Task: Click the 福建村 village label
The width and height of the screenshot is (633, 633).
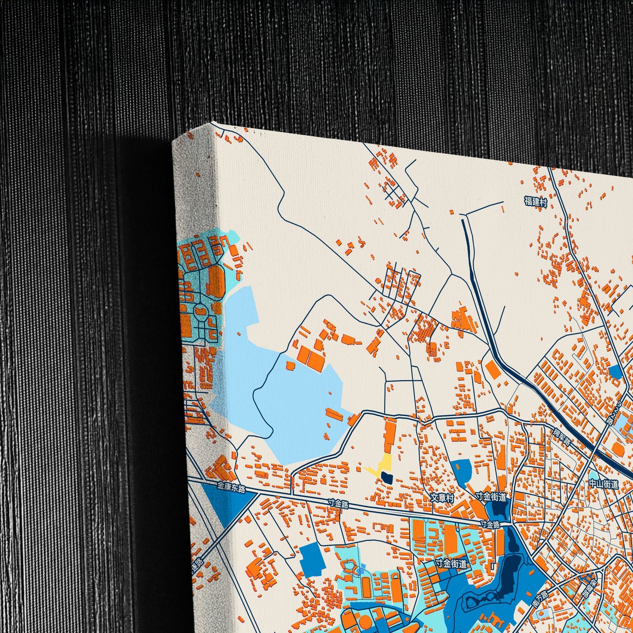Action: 536,202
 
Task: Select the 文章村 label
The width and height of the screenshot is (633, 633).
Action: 442,498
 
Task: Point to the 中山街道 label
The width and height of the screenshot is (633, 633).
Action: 603,484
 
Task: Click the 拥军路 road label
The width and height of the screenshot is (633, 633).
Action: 562,437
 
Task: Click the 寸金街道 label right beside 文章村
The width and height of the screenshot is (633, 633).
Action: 491,497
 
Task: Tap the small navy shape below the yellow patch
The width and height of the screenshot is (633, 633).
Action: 387,477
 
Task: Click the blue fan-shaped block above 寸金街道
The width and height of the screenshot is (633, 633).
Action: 461,472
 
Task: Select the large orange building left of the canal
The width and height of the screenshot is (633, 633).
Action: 493,369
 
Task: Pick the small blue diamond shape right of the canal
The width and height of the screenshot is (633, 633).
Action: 615,371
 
